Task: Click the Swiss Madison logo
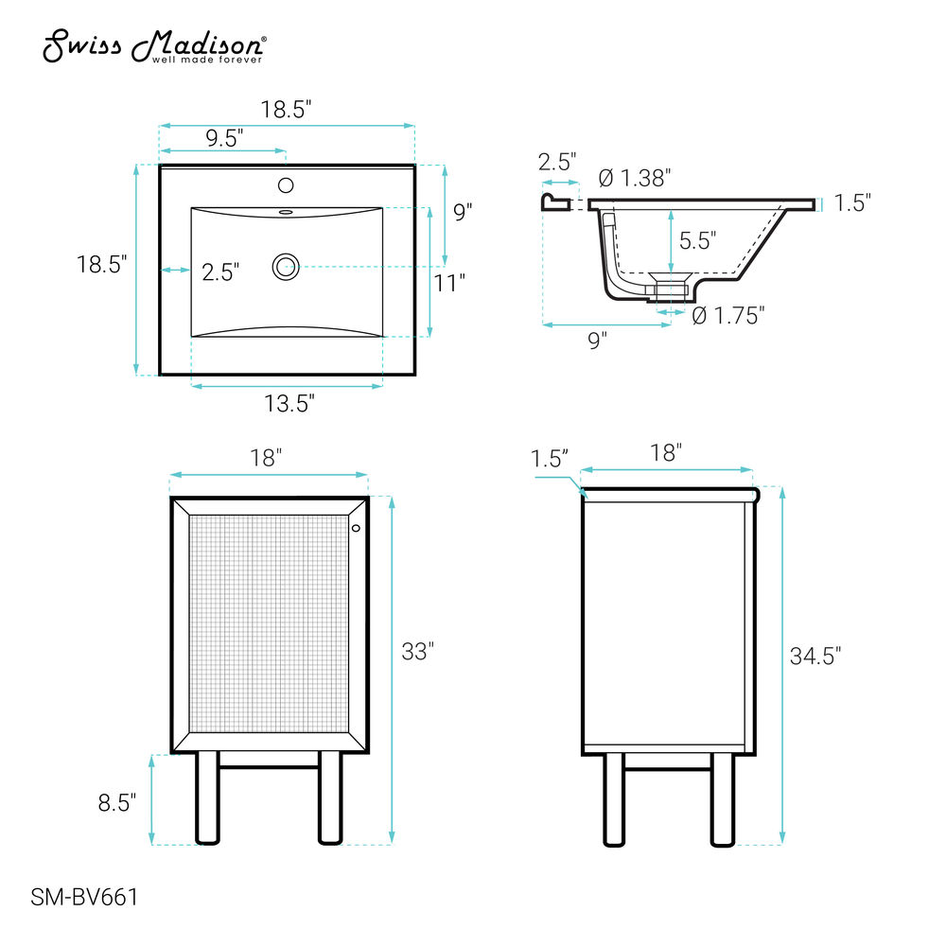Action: tap(154, 45)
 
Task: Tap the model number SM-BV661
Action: tap(84, 897)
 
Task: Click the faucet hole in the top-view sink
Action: tap(286, 185)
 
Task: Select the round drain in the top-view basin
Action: tap(286, 267)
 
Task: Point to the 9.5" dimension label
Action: tap(224, 138)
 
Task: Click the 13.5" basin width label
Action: tap(289, 403)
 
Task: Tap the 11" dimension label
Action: tap(450, 282)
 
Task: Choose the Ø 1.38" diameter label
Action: tap(635, 178)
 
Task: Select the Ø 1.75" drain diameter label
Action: tap(728, 315)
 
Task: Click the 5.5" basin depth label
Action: tap(698, 240)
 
